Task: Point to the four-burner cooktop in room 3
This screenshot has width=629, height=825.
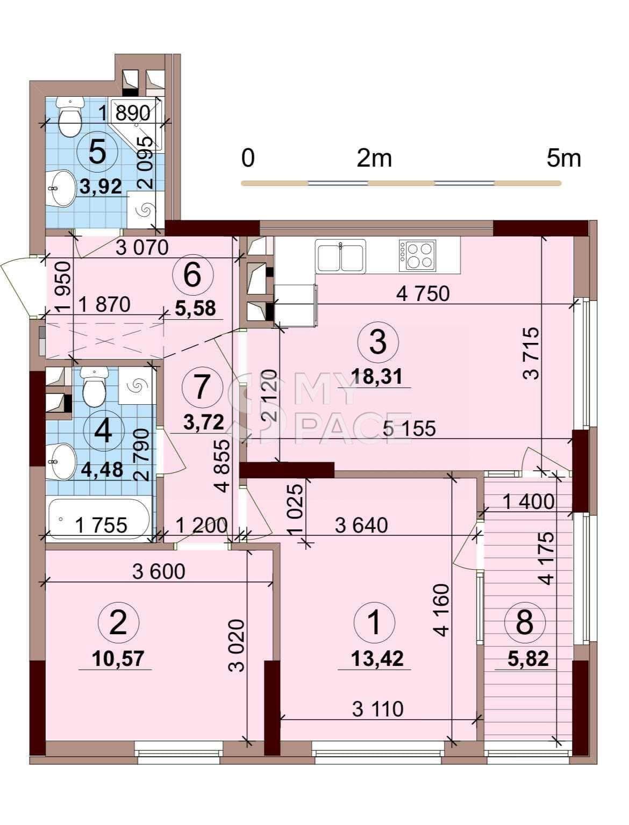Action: [417, 255]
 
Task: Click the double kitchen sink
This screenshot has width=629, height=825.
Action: [341, 256]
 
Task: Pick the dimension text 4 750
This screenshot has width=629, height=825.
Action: [423, 294]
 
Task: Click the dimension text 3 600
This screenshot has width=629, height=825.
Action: [159, 572]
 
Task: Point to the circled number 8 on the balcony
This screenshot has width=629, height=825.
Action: [525, 622]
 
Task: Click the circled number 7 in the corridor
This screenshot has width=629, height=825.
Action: [202, 387]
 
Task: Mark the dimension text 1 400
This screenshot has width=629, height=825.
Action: [528, 501]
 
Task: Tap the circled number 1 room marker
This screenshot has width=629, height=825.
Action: [374, 622]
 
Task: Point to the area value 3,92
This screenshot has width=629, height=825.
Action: [101, 186]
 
